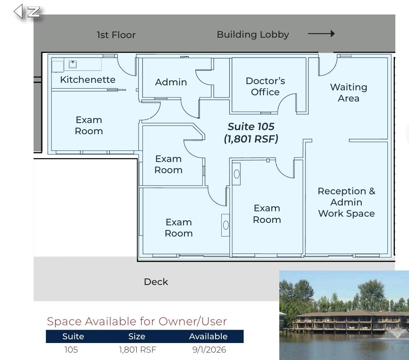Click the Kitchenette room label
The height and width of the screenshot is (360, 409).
pos(88,80)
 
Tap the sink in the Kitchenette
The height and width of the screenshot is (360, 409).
pos(73,64)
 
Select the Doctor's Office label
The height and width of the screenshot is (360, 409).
pos(265,86)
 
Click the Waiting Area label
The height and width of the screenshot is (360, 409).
pos(348,92)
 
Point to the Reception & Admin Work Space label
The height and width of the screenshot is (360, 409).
pos(346,202)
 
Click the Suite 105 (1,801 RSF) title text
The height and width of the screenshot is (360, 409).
pos(251,133)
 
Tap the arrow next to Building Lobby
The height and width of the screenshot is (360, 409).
pos(322,34)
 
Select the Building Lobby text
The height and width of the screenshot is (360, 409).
pos(253,35)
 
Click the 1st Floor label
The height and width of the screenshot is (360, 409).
pos(116,35)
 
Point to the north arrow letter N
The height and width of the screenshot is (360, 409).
pos(34,12)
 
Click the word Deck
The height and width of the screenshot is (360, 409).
pos(156,282)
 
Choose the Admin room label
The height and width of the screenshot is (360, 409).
pos(171,82)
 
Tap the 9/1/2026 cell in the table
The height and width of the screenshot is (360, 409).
pos(209,350)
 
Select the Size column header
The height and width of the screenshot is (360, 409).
pos(137,336)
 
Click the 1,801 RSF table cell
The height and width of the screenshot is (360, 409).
pos(138,350)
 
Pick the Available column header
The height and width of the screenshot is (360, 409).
pos(208,336)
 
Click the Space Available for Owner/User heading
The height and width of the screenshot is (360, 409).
pos(137,321)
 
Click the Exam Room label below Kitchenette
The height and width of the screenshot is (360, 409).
pos(89,126)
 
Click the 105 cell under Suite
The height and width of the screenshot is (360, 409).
pos(71,350)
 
